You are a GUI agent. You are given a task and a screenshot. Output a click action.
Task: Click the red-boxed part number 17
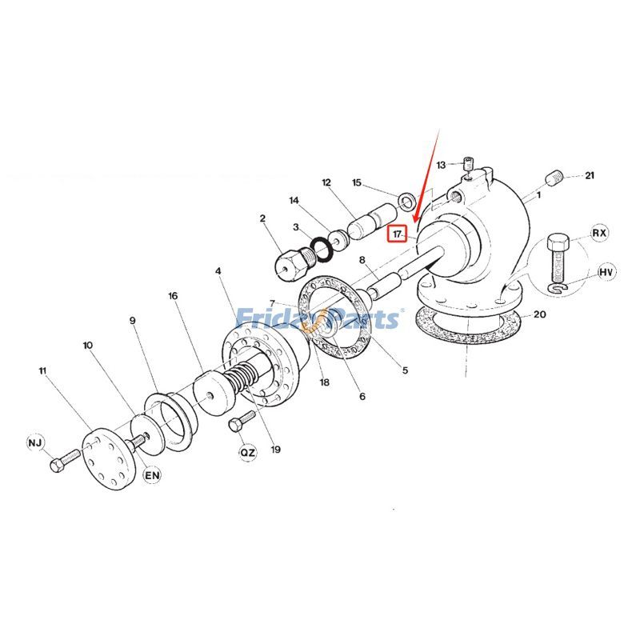tap(396, 234)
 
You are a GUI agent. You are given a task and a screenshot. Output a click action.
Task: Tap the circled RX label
tap(600, 234)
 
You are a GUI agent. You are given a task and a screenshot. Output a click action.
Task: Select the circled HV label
tap(607, 273)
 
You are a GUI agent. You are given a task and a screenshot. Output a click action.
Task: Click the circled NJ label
tap(35, 442)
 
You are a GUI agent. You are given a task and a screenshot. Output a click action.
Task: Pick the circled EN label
tap(152, 475)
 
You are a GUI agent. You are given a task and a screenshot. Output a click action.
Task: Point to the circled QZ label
tap(248, 453)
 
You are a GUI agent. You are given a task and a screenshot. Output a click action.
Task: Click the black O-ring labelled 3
tap(319, 248)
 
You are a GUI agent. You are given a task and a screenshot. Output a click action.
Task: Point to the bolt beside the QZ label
tap(241, 421)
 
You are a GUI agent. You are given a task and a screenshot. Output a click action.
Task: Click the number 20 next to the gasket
tap(540, 314)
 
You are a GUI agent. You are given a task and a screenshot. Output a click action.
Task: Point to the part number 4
tap(218, 271)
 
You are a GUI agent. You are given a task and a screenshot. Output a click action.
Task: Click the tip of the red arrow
tap(414, 222)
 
